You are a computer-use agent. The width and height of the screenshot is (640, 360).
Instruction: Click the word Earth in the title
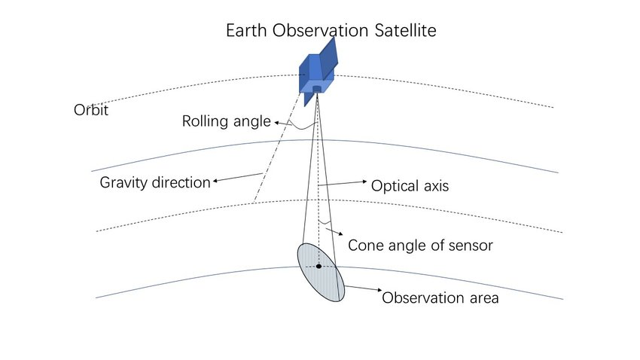pos(246,31)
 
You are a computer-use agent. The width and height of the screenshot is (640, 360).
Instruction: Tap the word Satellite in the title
pos(405,31)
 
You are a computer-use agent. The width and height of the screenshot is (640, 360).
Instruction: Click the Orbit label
pos(91,110)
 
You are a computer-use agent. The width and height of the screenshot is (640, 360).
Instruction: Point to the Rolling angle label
pos(227,122)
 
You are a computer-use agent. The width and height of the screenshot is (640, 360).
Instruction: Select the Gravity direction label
pos(155,182)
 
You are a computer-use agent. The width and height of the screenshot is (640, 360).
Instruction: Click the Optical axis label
pos(410,186)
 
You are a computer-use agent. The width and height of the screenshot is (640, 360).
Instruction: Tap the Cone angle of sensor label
pos(420,246)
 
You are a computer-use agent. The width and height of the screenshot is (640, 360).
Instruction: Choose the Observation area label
pos(440,298)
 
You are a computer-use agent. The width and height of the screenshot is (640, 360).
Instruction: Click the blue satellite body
pos(316,76)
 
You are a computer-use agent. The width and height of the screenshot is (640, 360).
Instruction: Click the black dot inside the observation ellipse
pos(318,267)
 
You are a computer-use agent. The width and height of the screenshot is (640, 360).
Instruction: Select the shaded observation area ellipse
pos(321,273)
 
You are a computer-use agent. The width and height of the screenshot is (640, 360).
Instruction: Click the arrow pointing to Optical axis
pos(343,183)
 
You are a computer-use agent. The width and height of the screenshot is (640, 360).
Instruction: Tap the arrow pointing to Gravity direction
pos(238,178)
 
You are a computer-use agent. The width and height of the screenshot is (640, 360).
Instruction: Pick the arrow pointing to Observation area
pos(363,288)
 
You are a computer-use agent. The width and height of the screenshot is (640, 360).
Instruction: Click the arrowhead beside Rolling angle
pos(277,123)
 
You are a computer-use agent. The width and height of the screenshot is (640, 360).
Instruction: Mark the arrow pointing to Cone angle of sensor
pos(334,231)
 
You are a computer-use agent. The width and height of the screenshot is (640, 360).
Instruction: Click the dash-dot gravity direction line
pos(278,148)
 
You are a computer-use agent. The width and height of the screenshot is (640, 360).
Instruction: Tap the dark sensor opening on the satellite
pos(317,89)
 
